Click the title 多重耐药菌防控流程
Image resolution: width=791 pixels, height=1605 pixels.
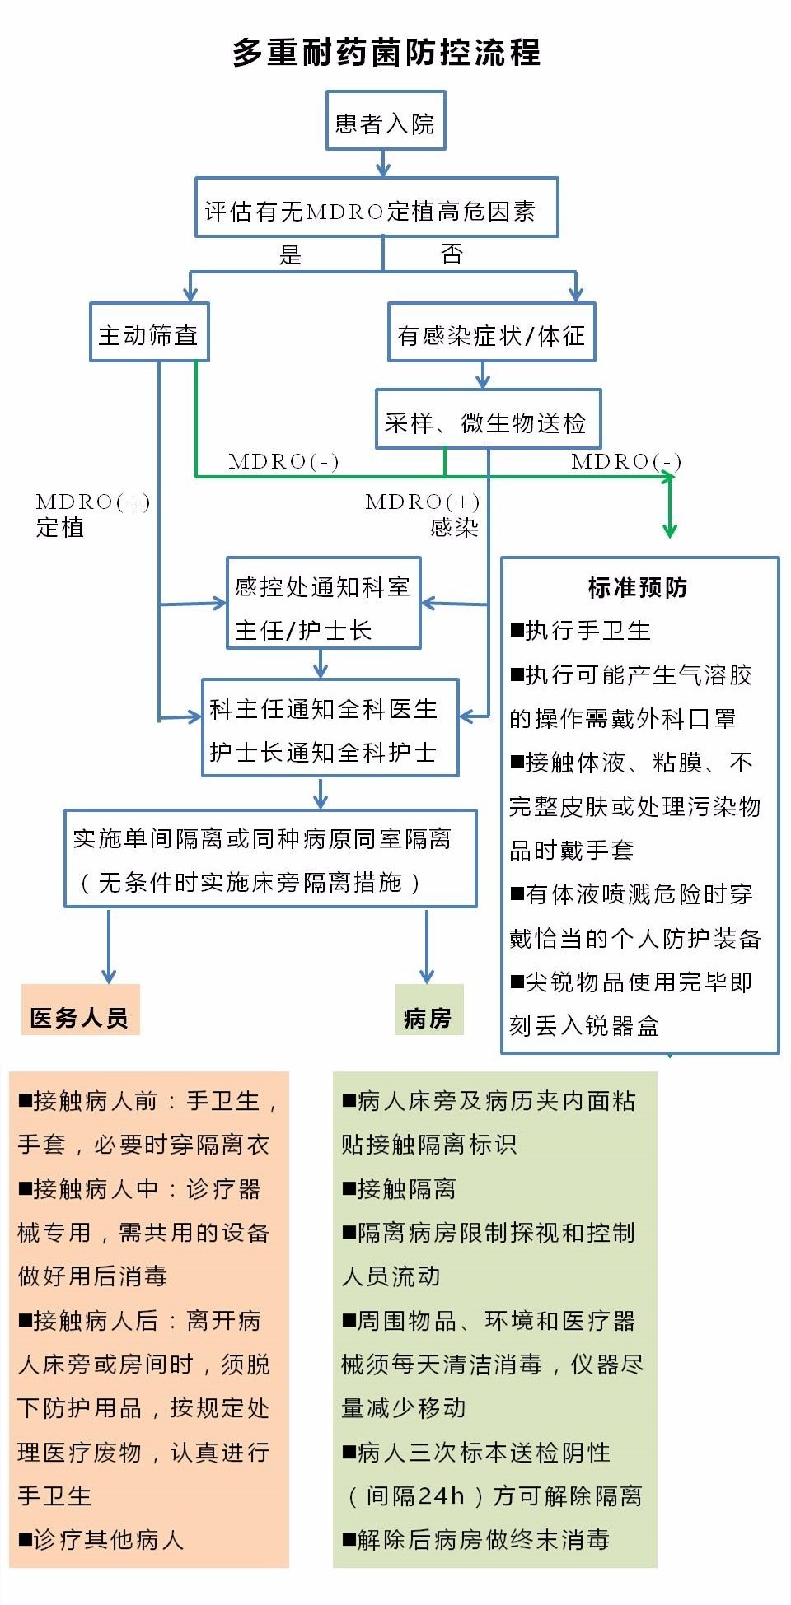tap(386, 53)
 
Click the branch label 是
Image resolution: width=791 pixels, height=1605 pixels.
tap(290, 254)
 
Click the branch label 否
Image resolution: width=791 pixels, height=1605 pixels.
tap(452, 254)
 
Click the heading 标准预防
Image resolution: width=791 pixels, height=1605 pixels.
tap(638, 587)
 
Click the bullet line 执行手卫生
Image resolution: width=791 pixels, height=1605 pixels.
tap(581, 631)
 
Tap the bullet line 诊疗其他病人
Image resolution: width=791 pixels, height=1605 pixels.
tap(101, 1539)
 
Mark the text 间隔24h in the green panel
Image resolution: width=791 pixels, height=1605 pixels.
tap(415, 1495)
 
